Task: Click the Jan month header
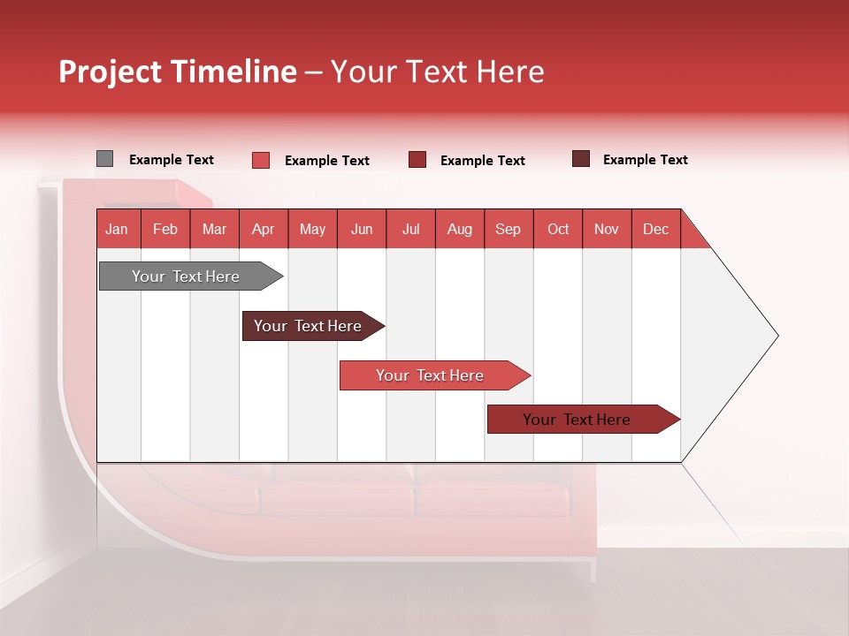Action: (x=118, y=229)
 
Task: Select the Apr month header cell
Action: (x=264, y=229)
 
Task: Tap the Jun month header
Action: (x=362, y=229)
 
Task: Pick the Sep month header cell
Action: (x=509, y=229)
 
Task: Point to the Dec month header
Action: (x=655, y=229)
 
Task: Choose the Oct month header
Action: (x=558, y=229)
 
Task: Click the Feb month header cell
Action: (x=165, y=229)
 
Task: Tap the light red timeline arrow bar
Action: (x=432, y=375)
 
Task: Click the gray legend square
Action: (x=104, y=159)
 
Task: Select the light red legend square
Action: (x=260, y=160)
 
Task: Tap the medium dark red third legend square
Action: (x=417, y=160)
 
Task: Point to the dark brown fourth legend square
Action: (x=581, y=159)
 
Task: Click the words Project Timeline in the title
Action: (x=177, y=72)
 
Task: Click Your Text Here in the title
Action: (x=438, y=72)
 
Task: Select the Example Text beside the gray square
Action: (x=172, y=160)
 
